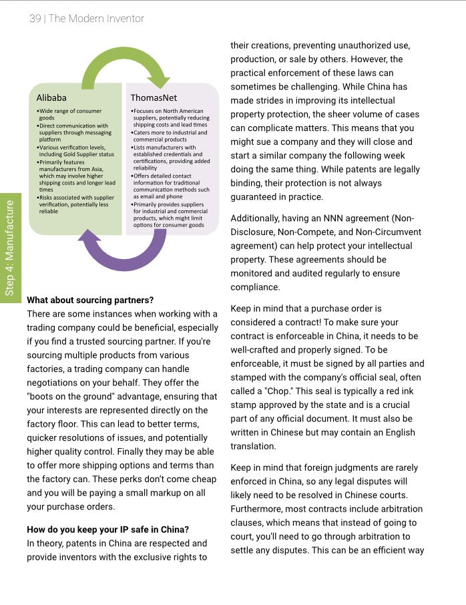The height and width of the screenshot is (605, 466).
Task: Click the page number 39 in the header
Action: [35, 18]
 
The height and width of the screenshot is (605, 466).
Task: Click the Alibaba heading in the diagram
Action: [51, 97]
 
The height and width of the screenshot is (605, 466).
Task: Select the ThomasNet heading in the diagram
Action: [154, 97]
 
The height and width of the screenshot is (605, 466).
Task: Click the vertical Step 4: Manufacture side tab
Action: [10, 247]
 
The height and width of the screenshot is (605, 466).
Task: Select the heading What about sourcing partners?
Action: [89, 300]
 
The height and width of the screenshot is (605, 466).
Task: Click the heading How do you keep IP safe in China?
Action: [107, 530]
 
